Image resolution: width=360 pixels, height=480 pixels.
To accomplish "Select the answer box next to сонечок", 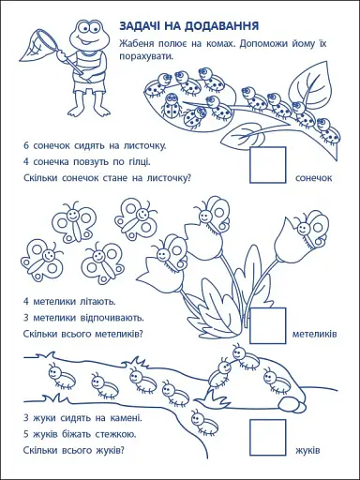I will [x=268, y=163].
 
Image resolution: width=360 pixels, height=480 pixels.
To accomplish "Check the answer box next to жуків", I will [x=268, y=436].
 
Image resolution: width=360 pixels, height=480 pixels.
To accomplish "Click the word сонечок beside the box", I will [x=314, y=177].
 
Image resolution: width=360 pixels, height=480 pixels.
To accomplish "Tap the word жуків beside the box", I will [x=307, y=449].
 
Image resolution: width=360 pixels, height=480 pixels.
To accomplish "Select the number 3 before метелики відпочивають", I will [x=26, y=318].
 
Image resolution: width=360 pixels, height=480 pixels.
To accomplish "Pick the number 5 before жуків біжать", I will [x=26, y=433].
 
